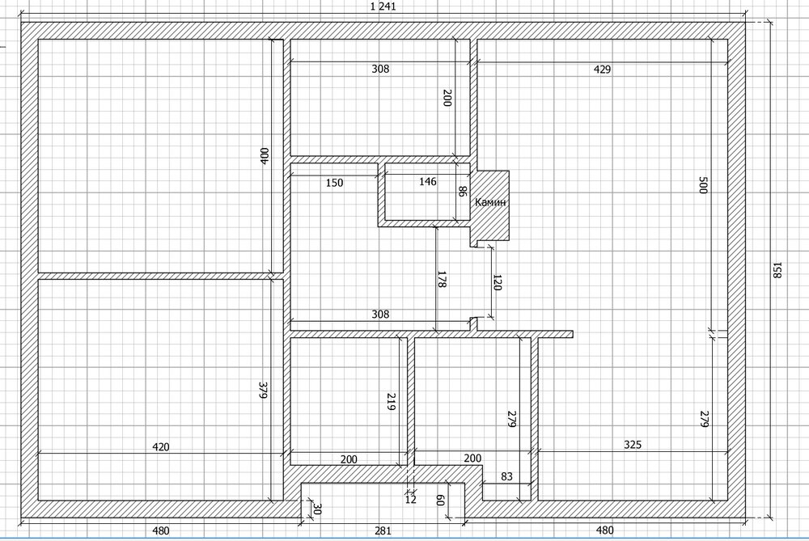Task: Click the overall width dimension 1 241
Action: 383,6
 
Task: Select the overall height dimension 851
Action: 777,270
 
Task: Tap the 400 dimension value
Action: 265,156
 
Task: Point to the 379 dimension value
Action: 263,390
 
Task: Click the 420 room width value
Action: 161,446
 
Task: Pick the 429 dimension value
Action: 602,69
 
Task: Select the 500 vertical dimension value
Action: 702,184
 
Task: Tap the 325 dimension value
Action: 633,445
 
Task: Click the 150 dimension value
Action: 334,183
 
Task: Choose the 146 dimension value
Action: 428,181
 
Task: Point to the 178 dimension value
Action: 443,278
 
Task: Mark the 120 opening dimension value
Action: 497,282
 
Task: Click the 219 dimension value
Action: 391,402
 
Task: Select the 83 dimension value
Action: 506,476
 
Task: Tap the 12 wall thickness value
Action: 411,499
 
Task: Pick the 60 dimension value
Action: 440,501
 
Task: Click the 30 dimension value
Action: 317,509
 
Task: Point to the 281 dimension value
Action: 383,530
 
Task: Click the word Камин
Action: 490,202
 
